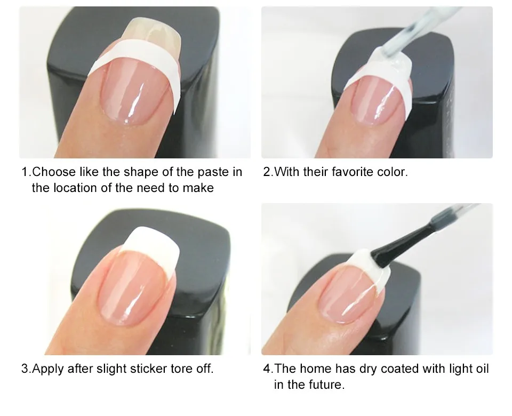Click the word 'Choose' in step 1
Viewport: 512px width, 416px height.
(x=54, y=172)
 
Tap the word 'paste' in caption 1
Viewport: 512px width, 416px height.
(x=213, y=172)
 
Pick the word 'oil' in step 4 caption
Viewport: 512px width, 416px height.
(x=481, y=369)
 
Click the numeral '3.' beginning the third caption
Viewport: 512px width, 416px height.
(x=26, y=369)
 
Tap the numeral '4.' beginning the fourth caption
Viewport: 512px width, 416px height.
(x=268, y=369)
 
